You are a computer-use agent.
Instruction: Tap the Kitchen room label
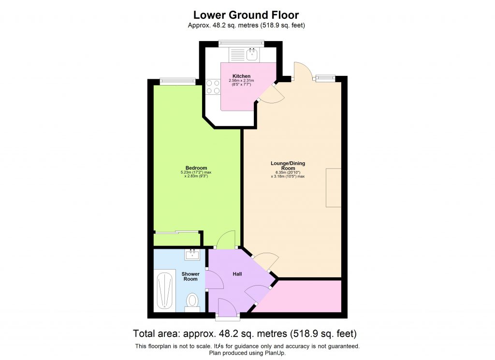click(x=241, y=76)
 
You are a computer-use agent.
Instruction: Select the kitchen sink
click(x=252, y=55)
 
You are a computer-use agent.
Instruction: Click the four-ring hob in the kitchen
click(x=213, y=87)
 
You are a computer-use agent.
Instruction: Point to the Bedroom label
click(x=196, y=168)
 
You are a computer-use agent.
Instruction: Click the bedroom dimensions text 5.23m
click(x=196, y=173)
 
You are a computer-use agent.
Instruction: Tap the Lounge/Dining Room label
click(x=288, y=166)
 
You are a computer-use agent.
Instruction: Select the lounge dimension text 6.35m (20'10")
click(x=288, y=173)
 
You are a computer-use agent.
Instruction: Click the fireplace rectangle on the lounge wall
click(x=334, y=187)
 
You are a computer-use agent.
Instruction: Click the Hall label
click(x=237, y=274)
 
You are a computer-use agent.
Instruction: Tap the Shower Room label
click(x=190, y=276)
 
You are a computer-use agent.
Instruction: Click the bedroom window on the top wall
click(x=175, y=81)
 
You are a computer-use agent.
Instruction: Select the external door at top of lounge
click(x=300, y=72)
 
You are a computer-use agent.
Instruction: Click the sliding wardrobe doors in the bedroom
click(x=176, y=232)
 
